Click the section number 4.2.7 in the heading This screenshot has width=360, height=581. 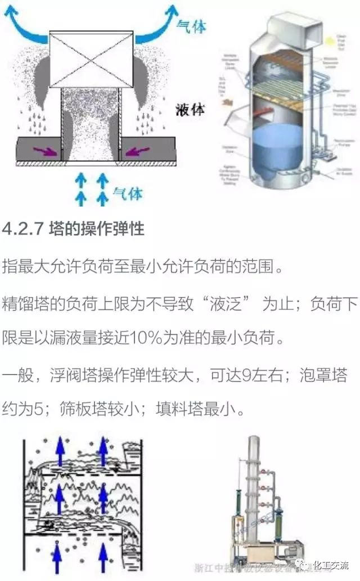click(20, 229)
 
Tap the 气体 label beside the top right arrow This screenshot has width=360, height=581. click(191, 25)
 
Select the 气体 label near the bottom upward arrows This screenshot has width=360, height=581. click(128, 194)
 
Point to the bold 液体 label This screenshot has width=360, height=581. click(190, 109)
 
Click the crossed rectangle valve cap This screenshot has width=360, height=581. click(91, 59)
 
